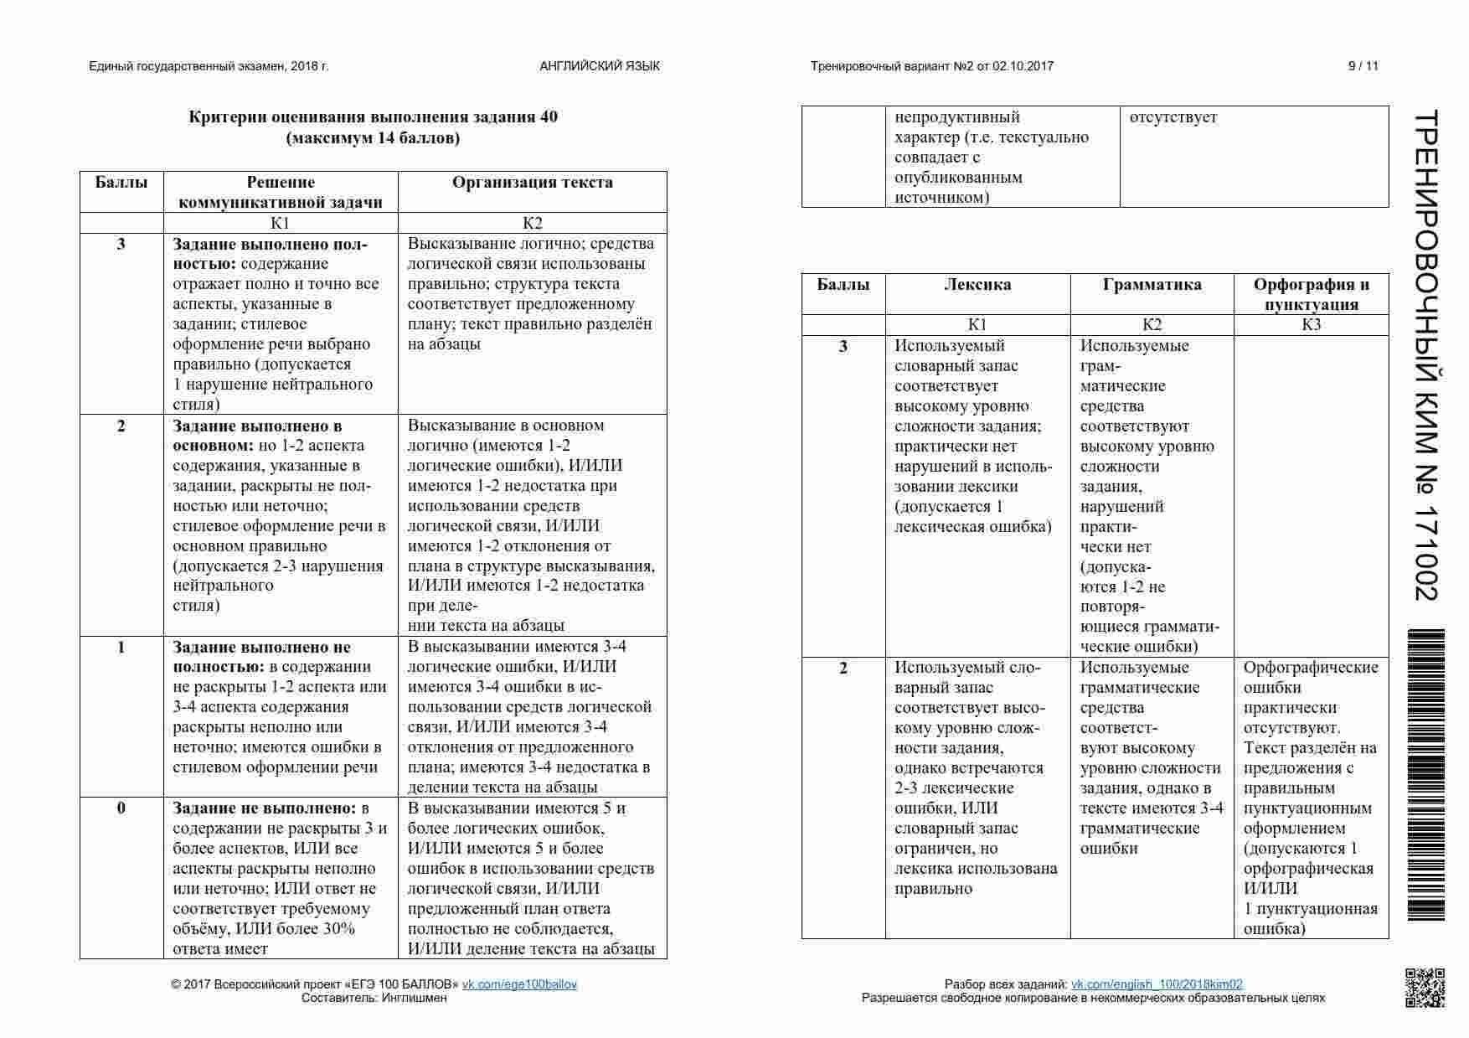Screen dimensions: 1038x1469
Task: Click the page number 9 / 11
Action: pyautogui.click(x=1363, y=66)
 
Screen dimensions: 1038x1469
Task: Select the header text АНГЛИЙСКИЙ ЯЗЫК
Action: pyautogui.click(x=600, y=66)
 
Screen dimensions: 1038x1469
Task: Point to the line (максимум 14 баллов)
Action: pyautogui.click(x=373, y=138)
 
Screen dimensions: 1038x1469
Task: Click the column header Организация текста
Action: pyautogui.click(x=532, y=183)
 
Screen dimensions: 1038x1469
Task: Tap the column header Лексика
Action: pyautogui.click(x=977, y=285)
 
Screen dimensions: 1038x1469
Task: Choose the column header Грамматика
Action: pyautogui.click(x=1152, y=285)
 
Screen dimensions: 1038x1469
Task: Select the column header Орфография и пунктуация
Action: pyautogui.click(x=1311, y=294)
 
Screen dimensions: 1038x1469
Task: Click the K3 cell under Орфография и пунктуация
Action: pyautogui.click(x=1311, y=325)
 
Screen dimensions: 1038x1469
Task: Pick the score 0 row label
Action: pyautogui.click(x=121, y=808)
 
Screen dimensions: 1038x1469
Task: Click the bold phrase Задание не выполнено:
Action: pyautogui.click(x=265, y=808)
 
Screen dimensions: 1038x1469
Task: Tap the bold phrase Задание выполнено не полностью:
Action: pyautogui.click(x=261, y=657)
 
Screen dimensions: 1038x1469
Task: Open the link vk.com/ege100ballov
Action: pyautogui.click(x=519, y=984)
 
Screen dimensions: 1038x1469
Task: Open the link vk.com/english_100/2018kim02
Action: pyautogui.click(x=1157, y=985)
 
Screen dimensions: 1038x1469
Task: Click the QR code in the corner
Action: pyautogui.click(x=1424, y=988)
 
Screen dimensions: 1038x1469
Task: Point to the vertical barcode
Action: pyautogui.click(x=1425, y=775)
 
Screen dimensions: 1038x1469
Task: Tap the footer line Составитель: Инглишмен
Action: pyautogui.click(x=374, y=998)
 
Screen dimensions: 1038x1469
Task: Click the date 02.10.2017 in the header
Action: pyautogui.click(x=1023, y=66)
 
